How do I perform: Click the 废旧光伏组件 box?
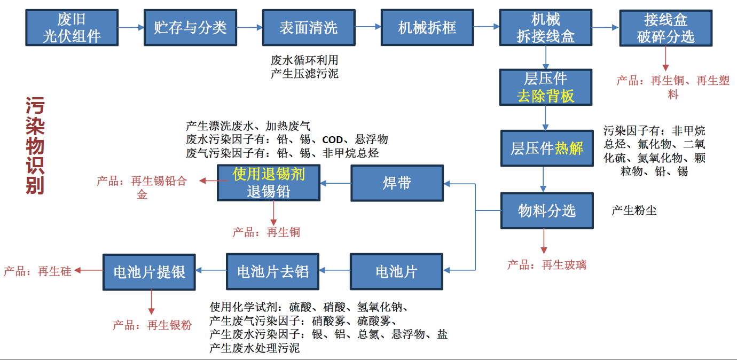point(72,28)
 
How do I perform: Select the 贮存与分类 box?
point(191,28)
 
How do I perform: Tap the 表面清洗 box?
point(309,28)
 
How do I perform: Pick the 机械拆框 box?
point(427,28)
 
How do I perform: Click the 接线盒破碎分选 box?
point(665,28)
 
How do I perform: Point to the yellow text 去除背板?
point(546,96)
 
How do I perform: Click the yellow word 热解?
point(569,148)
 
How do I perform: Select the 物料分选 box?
point(547,210)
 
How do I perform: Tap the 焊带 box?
point(397,183)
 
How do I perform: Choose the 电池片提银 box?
point(149,272)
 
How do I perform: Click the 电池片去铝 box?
point(273,272)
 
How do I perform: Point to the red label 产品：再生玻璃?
point(546,264)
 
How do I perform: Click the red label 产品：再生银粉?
point(152,325)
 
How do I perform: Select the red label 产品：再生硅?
point(37,271)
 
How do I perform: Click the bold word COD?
point(332,140)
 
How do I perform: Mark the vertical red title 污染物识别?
point(35,145)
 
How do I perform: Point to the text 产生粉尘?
point(634,211)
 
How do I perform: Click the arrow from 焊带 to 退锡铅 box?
point(335,183)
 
